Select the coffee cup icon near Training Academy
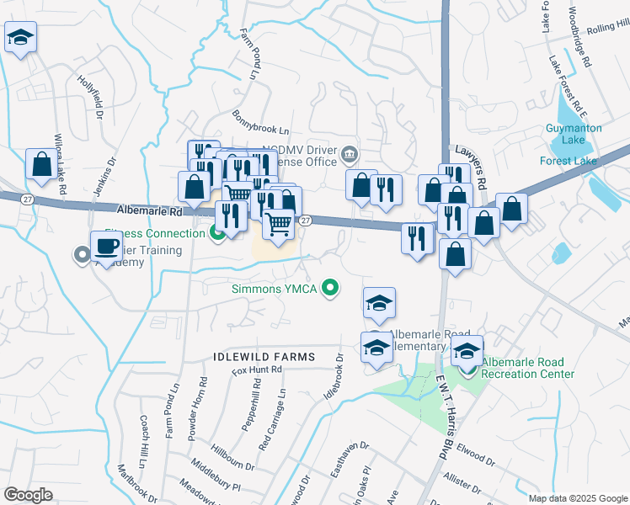106,247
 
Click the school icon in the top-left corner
20,37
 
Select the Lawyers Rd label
471,163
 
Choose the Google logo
29,494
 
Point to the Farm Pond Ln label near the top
249,53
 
